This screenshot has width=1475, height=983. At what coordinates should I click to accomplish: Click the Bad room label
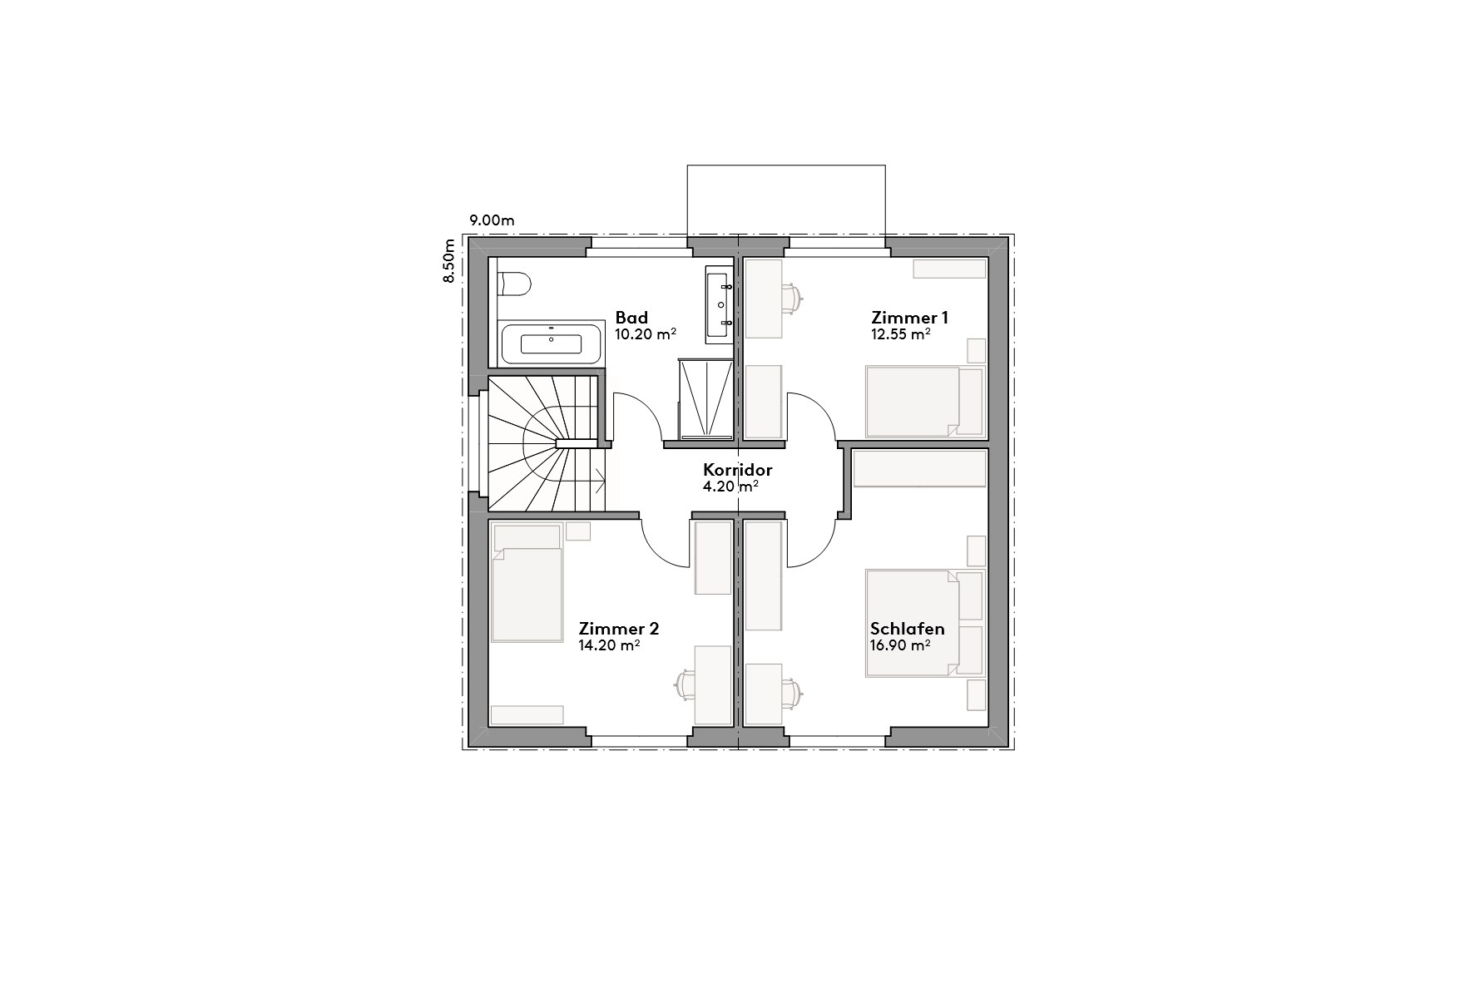click(631, 318)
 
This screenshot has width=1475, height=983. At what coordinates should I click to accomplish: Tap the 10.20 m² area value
click(645, 334)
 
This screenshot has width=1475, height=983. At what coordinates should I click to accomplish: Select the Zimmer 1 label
click(909, 318)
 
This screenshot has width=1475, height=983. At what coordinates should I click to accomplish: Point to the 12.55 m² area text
click(900, 334)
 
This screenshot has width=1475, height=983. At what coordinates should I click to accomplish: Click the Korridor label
click(737, 470)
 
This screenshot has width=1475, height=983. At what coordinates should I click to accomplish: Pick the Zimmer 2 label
click(619, 629)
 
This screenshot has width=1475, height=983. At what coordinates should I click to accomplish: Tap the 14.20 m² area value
click(609, 645)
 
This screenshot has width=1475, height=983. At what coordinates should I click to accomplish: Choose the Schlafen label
click(907, 629)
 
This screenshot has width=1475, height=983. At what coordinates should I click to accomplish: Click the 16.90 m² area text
click(900, 645)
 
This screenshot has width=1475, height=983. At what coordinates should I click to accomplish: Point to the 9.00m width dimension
click(492, 220)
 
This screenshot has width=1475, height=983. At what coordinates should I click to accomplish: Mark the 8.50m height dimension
click(449, 262)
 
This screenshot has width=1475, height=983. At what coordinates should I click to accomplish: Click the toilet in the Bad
click(513, 284)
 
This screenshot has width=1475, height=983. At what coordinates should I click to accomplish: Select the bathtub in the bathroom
click(551, 344)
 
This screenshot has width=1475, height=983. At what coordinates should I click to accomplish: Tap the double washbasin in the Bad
click(719, 304)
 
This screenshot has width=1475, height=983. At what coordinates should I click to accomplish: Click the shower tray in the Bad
click(705, 399)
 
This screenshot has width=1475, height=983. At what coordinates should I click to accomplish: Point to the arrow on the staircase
click(600, 478)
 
